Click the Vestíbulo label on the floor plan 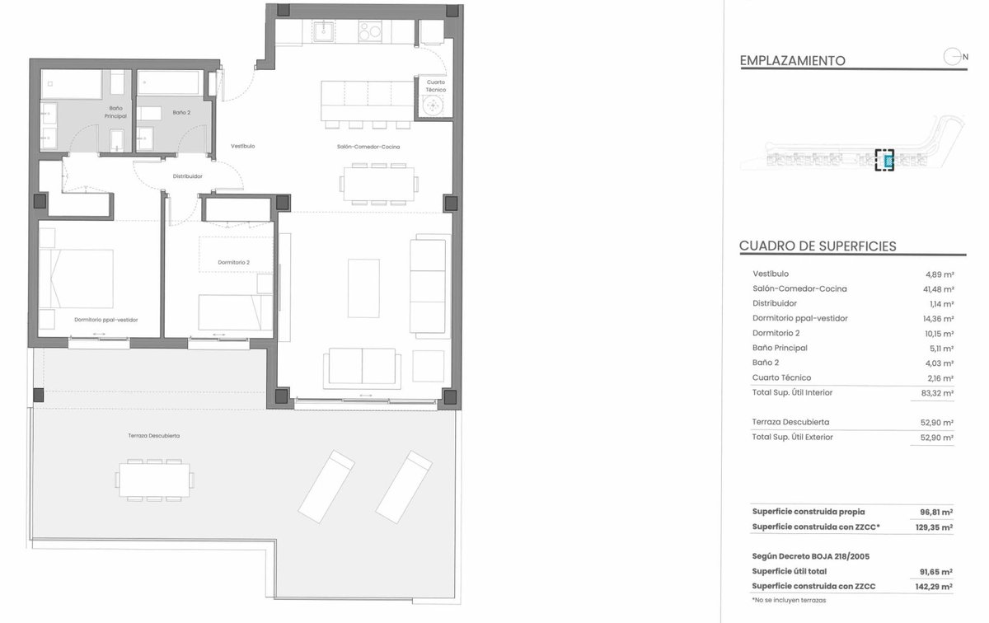243,146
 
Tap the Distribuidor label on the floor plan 188,176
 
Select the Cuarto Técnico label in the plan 436,86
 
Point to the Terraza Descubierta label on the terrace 153,436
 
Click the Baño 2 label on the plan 181,113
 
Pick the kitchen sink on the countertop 324,31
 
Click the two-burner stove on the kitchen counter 370,31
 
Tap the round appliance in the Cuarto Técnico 434,105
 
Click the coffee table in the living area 363,288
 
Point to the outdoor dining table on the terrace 154,480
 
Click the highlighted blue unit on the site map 888,162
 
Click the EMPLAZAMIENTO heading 793,61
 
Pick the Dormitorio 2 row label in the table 776,334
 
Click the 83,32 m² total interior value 937,393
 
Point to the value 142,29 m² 934,587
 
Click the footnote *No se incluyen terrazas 789,601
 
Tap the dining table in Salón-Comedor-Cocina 379,184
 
